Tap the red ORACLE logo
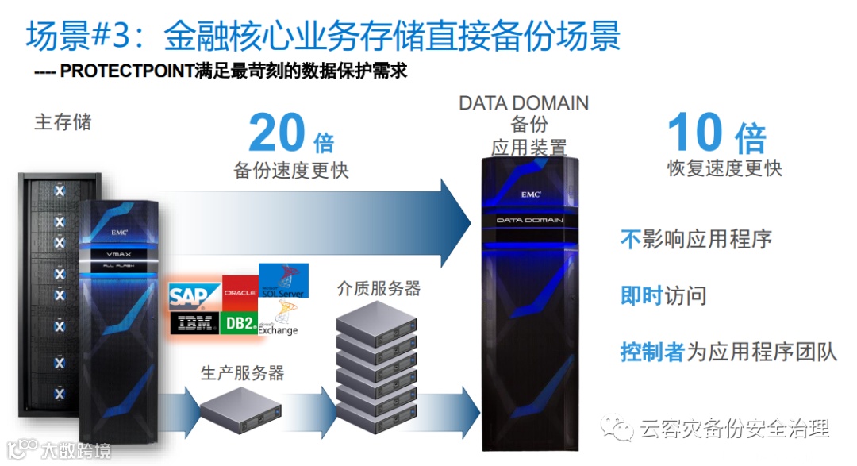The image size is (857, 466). click(x=240, y=292)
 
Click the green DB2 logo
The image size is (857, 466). click(x=239, y=323)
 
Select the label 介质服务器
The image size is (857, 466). click(x=379, y=288)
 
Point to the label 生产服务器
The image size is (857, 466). click(x=242, y=372)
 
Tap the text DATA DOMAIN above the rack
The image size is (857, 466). click(x=524, y=103)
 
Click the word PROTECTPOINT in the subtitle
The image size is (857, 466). click(x=127, y=71)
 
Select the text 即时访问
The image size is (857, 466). click(x=663, y=296)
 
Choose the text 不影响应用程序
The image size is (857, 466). click(x=696, y=239)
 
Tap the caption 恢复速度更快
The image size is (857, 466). click(x=724, y=168)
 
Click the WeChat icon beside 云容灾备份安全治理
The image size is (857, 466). click(x=617, y=429)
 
